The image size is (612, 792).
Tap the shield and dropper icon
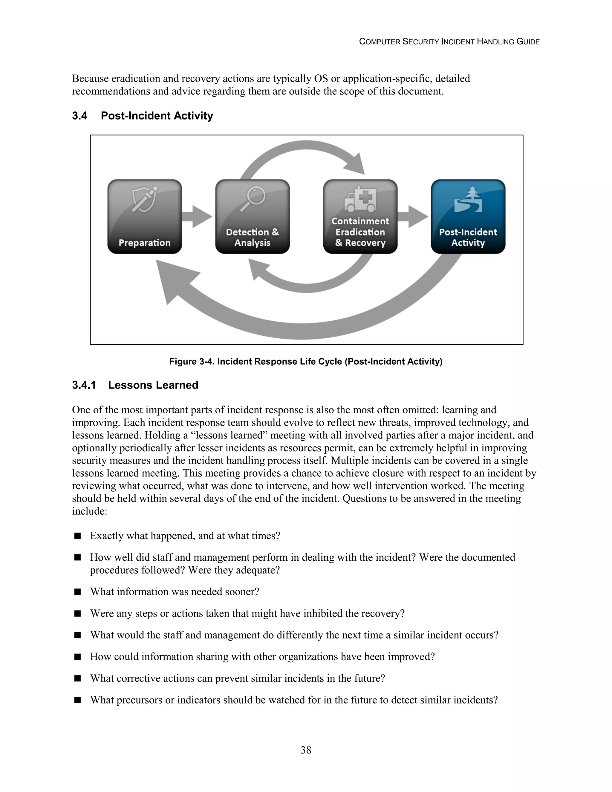(144, 199)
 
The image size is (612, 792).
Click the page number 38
(306, 750)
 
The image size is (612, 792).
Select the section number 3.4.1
(84, 385)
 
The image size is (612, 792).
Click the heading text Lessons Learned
(153, 385)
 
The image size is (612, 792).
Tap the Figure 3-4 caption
(306, 362)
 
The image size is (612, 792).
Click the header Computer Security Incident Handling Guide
(449, 42)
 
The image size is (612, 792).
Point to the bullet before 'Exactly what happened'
(77, 536)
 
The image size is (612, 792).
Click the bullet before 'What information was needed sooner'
(77, 592)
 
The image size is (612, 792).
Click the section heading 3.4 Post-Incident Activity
(143, 116)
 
